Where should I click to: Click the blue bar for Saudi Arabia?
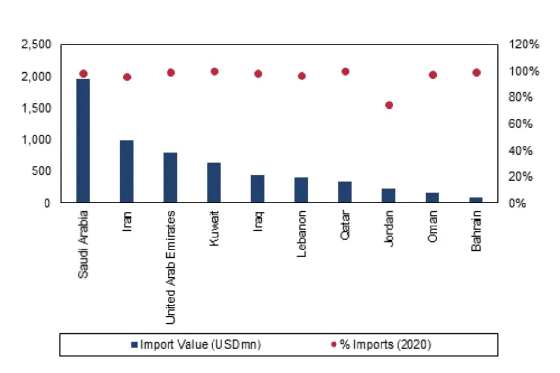[x=83, y=140]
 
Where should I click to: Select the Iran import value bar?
[x=126, y=171]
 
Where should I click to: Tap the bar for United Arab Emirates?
[x=170, y=178]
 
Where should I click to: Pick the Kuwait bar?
[x=214, y=182]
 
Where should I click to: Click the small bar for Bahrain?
[x=476, y=200]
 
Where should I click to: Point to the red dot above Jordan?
[x=389, y=105]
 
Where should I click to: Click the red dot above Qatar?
[x=346, y=71]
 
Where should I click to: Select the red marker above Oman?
[x=433, y=75]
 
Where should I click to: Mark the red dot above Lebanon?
[x=302, y=76]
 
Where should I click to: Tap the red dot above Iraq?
[x=258, y=74]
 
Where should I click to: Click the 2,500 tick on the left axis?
[x=36, y=45]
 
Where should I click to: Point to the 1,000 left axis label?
[x=36, y=140]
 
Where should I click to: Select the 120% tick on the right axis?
[x=524, y=45]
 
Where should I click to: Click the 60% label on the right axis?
[x=521, y=124]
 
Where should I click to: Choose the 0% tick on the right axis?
[x=517, y=203]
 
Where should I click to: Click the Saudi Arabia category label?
[x=83, y=244]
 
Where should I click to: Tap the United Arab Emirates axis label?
[x=170, y=267]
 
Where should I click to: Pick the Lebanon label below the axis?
[x=302, y=234]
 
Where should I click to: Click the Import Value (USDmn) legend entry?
[x=196, y=345]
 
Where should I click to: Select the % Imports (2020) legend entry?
[x=381, y=345]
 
